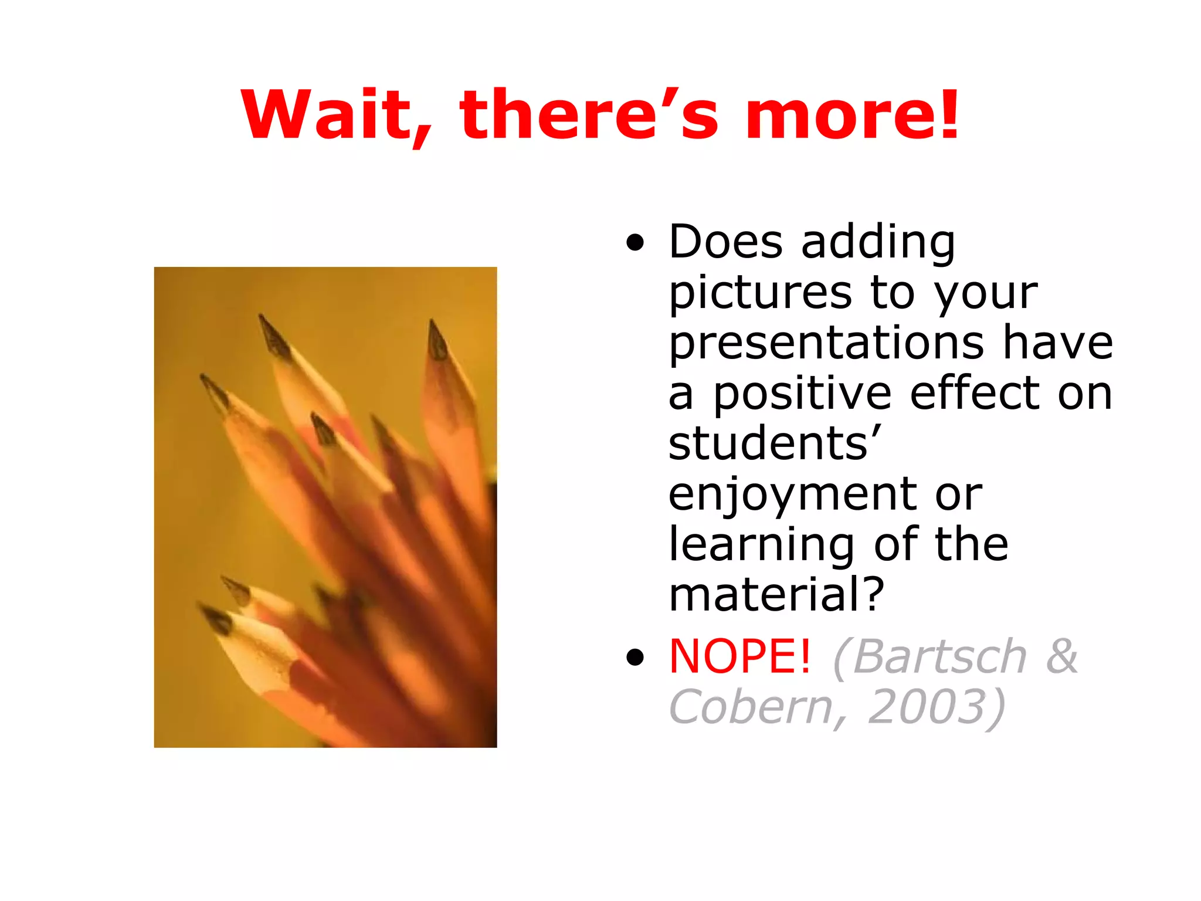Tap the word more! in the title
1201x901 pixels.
coord(853,115)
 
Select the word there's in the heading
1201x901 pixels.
coord(589,115)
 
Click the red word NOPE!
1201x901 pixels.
coord(740,656)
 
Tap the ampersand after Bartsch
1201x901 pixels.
coord(1061,656)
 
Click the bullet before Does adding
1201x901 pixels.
coord(635,242)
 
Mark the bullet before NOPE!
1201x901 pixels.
coord(635,658)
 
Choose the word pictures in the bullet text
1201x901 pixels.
coord(761,293)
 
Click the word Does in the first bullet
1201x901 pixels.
coord(725,242)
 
